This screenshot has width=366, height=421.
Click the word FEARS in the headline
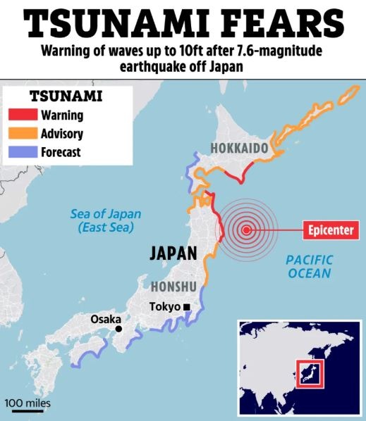[x=283, y=23]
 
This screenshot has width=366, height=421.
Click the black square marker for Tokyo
[x=187, y=307]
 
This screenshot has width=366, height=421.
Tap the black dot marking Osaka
[x=118, y=329]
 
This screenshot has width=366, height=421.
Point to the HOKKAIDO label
[x=240, y=149]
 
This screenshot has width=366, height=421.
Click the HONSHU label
[x=173, y=287]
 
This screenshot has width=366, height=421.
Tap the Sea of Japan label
[x=106, y=221]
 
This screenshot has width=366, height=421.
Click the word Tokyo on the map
[x=165, y=307]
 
